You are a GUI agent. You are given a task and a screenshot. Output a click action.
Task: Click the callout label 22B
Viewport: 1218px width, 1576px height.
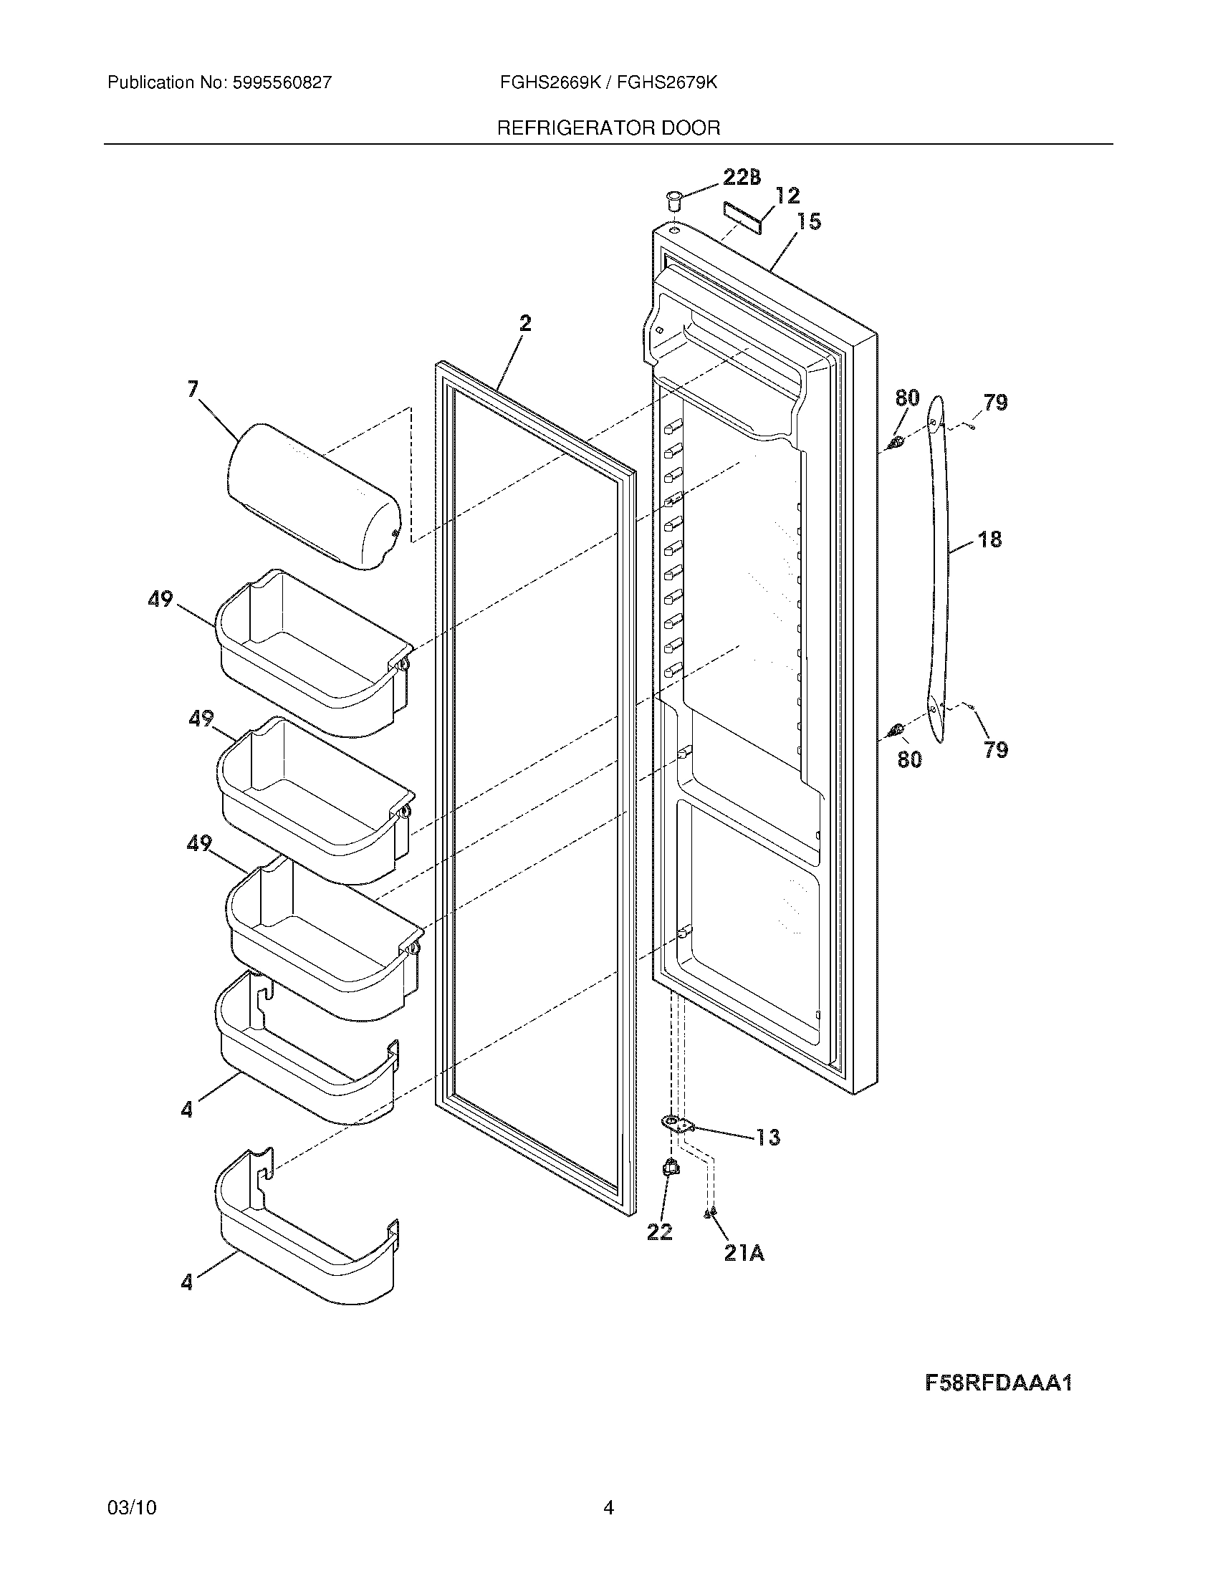pos(741,178)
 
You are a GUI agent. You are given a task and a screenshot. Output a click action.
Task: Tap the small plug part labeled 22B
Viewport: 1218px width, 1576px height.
pos(673,198)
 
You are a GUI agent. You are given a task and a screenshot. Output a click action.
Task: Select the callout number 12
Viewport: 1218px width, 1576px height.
pos(787,196)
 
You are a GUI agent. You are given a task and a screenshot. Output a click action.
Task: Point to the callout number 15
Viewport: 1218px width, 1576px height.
pos(809,221)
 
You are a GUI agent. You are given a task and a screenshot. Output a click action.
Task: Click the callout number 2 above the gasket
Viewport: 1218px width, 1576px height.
pos(525,324)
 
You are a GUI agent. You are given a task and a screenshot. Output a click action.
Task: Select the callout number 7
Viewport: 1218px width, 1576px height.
pos(192,390)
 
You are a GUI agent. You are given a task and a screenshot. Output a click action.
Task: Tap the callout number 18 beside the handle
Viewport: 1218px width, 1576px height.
pos(990,539)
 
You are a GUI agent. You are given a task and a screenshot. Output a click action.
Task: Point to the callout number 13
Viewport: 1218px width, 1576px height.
pos(767,1138)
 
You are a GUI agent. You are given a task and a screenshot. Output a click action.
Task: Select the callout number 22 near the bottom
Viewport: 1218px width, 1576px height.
pos(659,1232)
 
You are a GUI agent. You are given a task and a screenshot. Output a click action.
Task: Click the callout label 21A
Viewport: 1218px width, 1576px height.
pos(744,1254)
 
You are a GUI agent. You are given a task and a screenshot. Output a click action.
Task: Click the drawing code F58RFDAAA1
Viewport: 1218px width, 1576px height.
pos(999,1383)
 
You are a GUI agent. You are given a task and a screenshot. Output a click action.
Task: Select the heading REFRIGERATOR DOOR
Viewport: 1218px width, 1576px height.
pos(608,128)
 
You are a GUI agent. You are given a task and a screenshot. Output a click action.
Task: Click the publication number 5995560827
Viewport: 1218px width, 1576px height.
pos(282,82)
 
